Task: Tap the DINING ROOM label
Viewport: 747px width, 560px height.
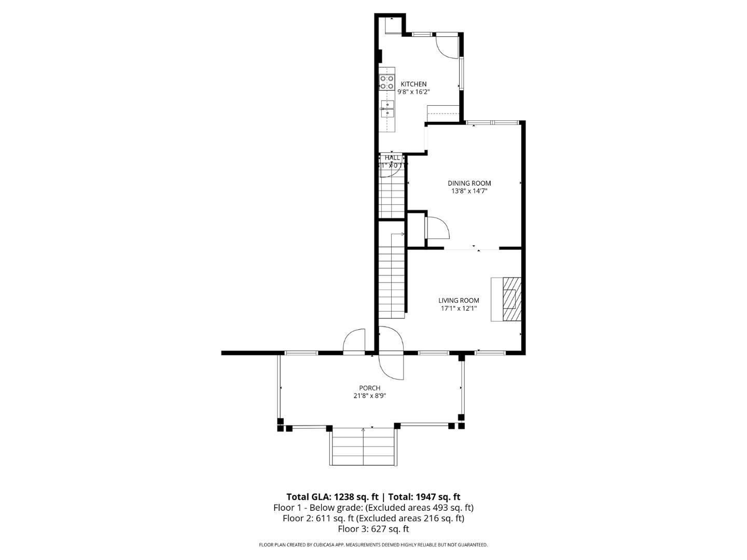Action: click(469, 183)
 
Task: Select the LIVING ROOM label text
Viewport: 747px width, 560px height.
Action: click(459, 300)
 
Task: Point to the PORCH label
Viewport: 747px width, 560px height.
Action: click(369, 388)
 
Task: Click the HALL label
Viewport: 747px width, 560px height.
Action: click(392, 158)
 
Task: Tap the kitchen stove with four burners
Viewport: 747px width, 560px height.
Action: click(386, 82)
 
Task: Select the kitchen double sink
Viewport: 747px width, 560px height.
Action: click(388, 109)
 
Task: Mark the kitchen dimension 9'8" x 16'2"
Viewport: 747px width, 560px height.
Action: click(413, 92)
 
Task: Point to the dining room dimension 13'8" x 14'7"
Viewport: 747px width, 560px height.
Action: click(469, 191)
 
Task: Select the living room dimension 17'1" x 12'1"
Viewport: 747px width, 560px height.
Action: click(459, 308)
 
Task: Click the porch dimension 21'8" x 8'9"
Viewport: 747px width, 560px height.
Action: click(369, 396)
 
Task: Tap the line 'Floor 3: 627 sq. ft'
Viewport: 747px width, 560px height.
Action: click(373, 529)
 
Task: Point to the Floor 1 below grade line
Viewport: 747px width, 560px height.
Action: click(373, 507)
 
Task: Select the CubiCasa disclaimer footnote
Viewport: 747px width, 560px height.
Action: click(373, 545)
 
